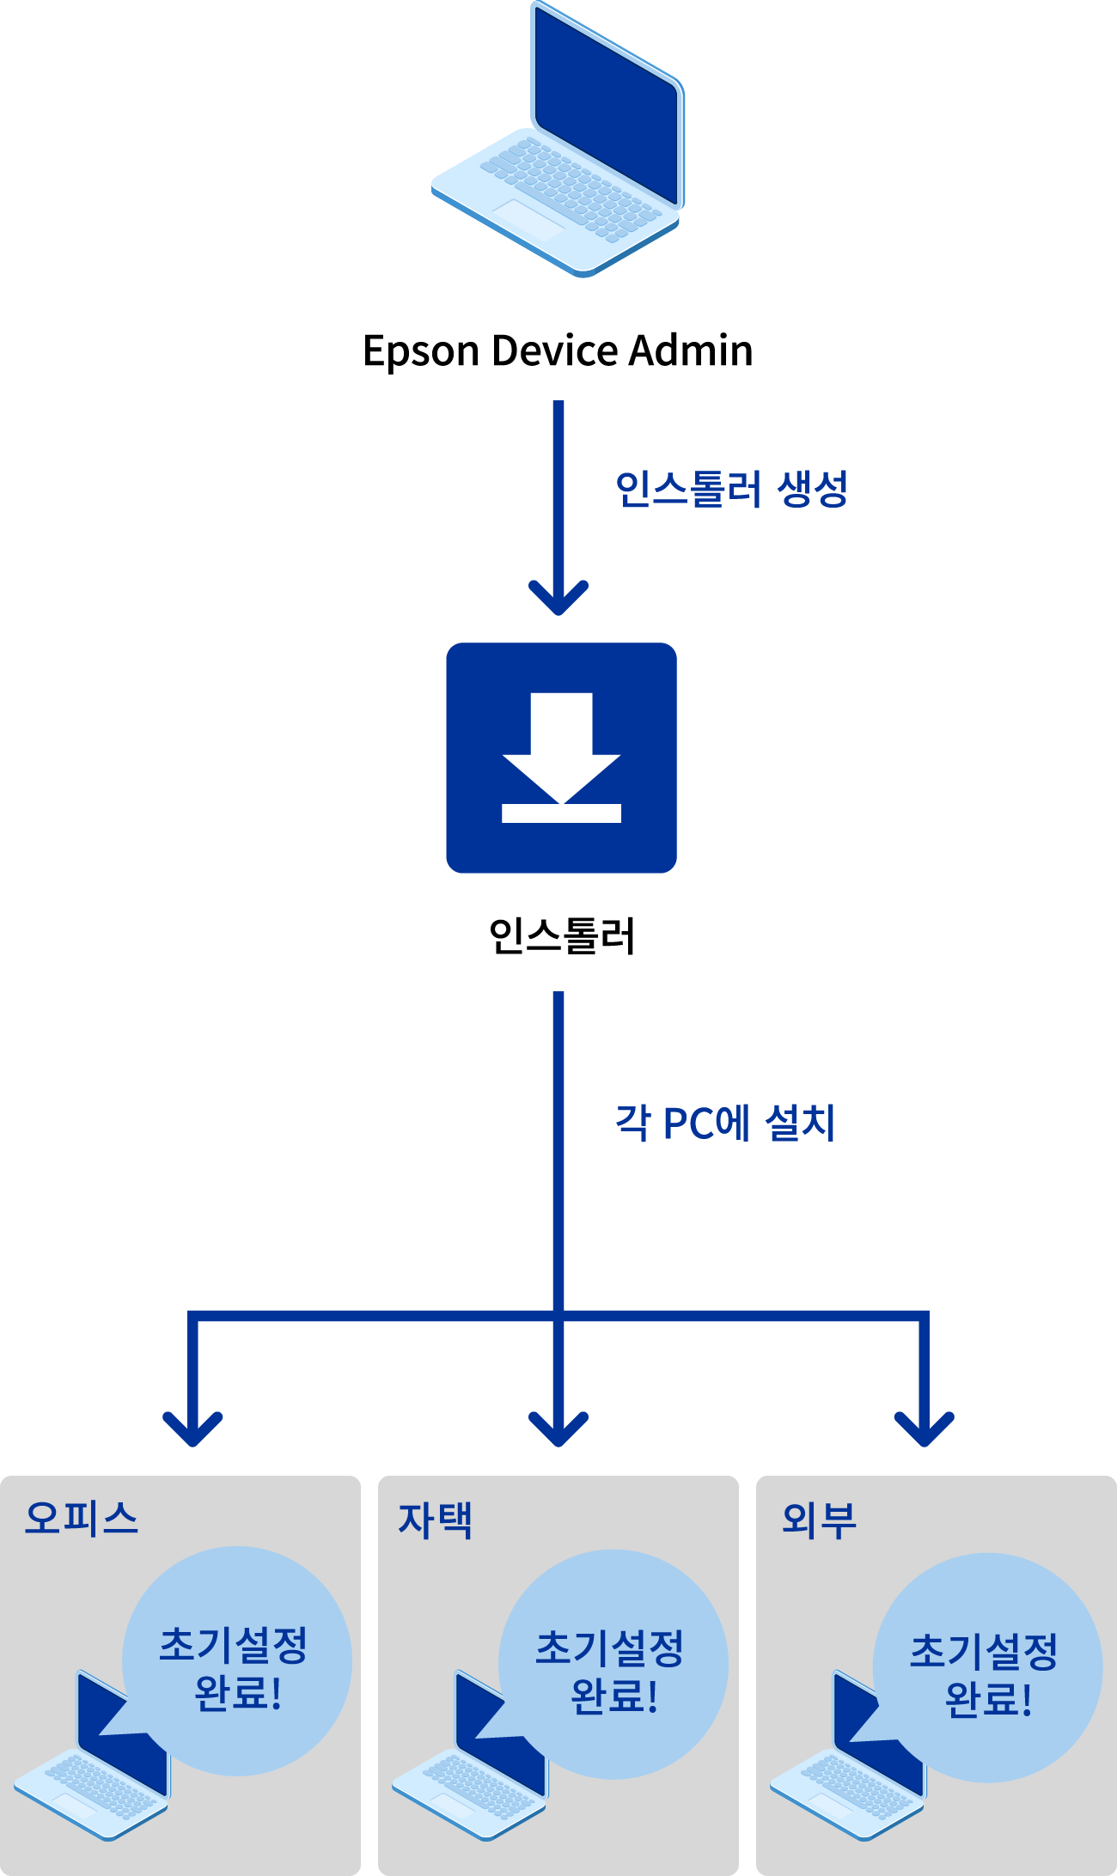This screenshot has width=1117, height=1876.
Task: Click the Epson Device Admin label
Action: [558, 351]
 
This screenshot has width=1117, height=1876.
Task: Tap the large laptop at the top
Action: [558, 139]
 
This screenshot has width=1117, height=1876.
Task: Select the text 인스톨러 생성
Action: [732, 489]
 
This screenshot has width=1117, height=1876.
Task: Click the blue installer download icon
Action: [561, 758]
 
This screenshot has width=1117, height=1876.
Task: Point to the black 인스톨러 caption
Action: [562, 935]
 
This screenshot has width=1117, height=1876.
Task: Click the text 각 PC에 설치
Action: [725, 1123]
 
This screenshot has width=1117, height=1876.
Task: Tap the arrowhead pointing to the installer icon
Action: [558, 598]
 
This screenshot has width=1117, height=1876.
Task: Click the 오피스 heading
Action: [82, 1518]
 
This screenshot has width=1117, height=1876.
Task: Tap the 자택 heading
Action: [435, 1520]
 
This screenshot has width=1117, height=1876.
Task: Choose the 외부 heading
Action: [819, 1520]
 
